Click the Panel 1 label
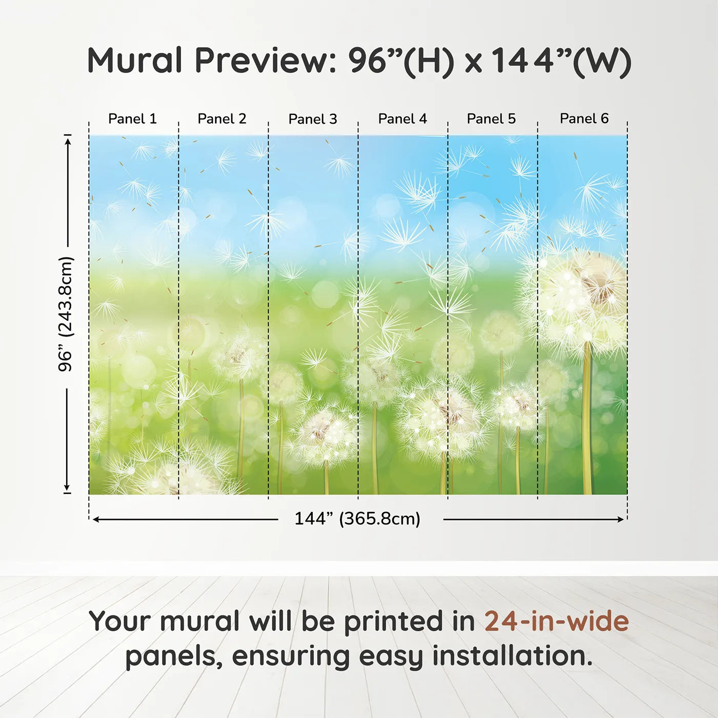(132, 119)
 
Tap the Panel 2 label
(222, 119)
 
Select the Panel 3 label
(313, 119)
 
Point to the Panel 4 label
(403, 119)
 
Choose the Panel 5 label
(491, 119)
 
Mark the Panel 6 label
(584, 118)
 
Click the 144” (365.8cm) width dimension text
(357, 518)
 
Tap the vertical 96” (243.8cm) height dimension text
(66, 314)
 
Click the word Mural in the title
(134, 60)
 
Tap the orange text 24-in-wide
(556, 621)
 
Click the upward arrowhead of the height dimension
(68, 142)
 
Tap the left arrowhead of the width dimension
(96, 520)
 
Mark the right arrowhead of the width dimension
(621, 520)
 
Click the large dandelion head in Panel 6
(581, 298)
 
